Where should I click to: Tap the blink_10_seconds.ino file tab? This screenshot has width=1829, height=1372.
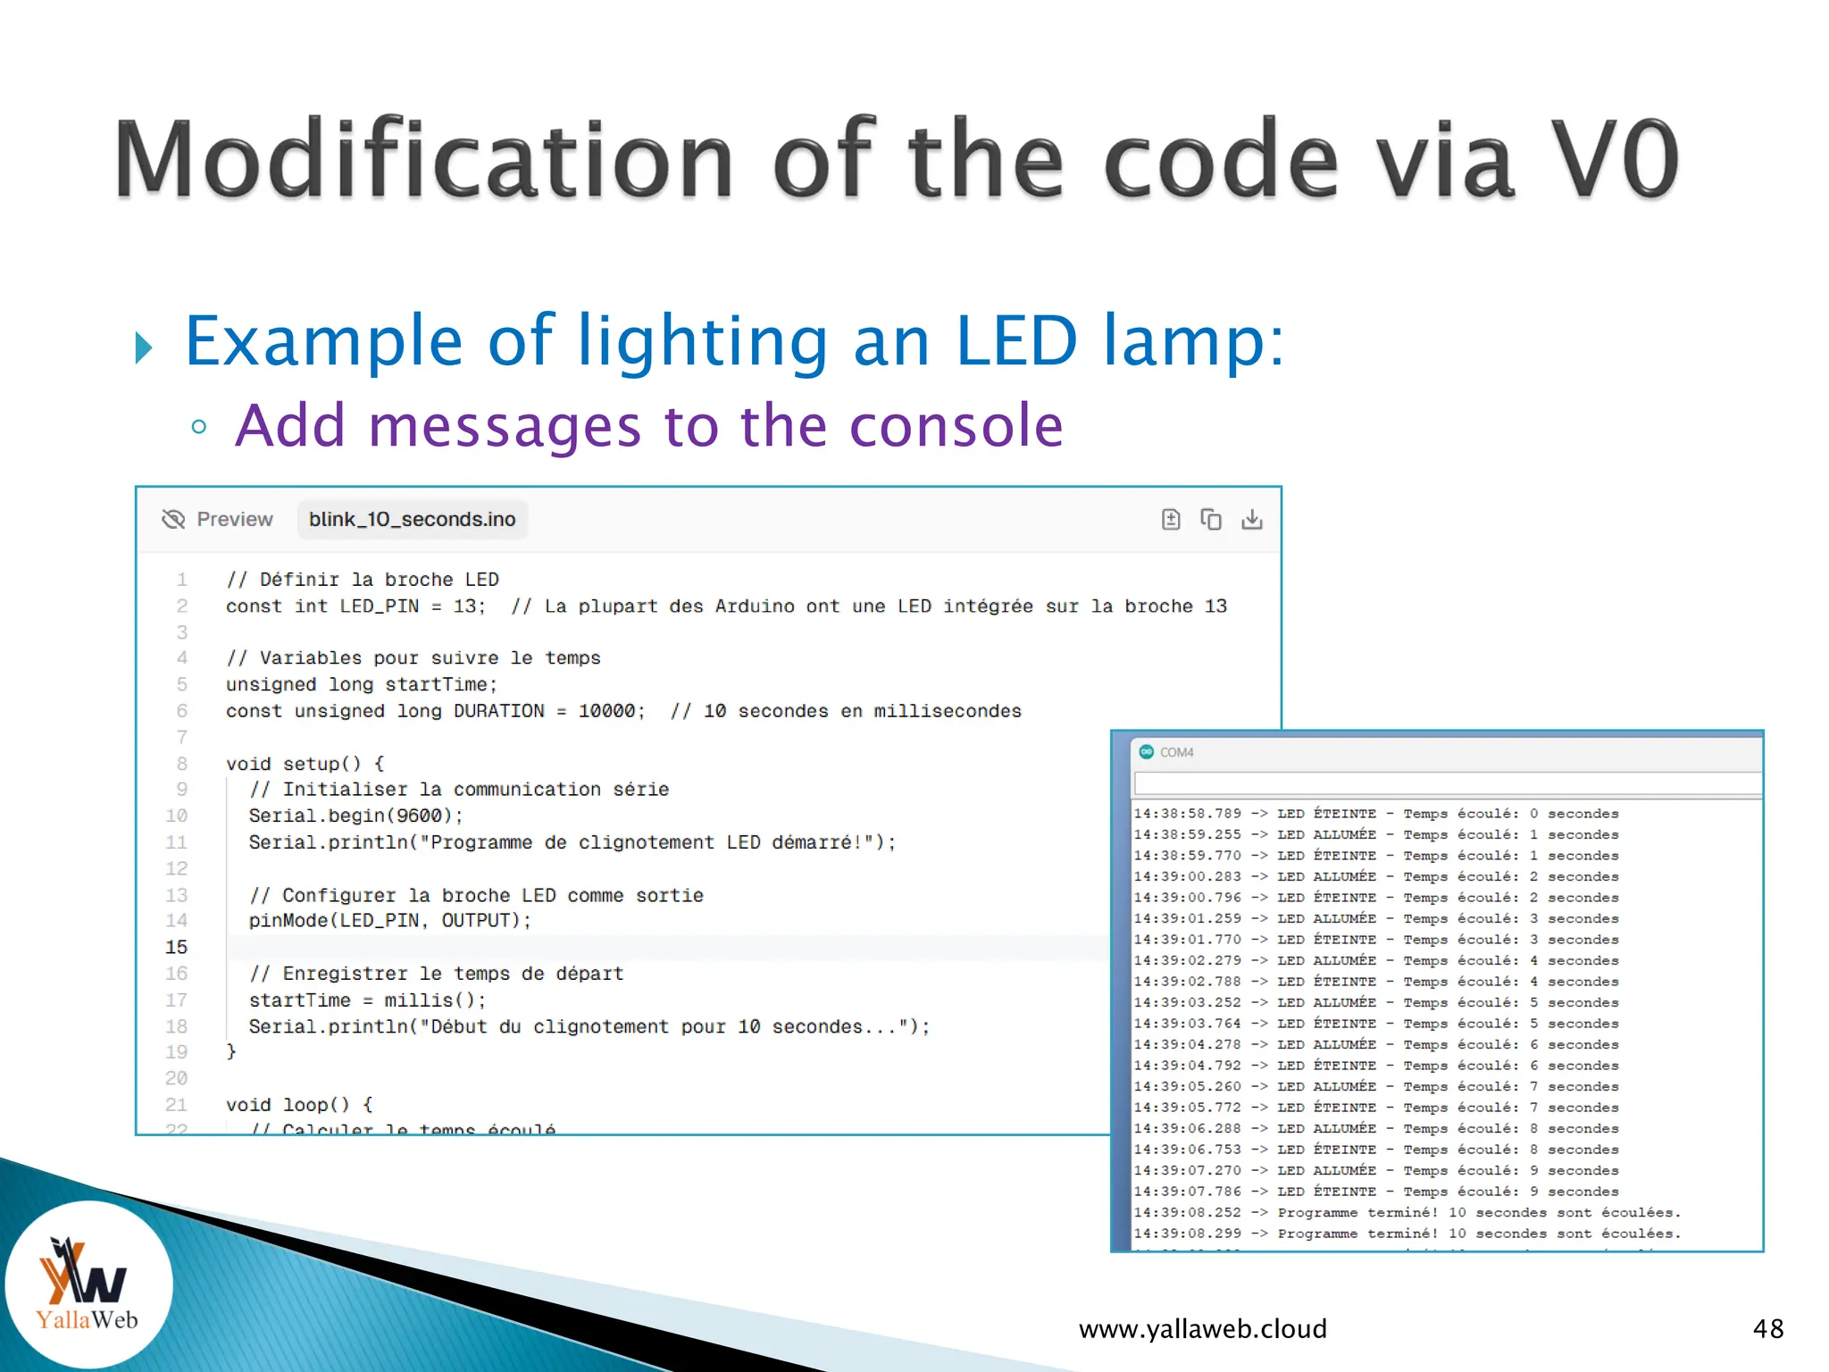pyautogui.click(x=412, y=519)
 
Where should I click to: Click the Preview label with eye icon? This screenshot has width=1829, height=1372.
pyautogui.click(x=218, y=519)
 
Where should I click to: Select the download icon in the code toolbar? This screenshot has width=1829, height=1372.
pyautogui.click(x=1251, y=519)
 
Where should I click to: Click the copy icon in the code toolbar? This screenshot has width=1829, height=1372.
pyautogui.click(x=1210, y=519)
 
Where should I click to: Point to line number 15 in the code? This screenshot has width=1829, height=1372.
pyautogui.click(x=176, y=947)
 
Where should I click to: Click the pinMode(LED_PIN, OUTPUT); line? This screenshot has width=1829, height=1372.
pyautogui.click(x=389, y=920)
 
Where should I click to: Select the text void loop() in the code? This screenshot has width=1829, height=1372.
pyautogui.click(x=288, y=1105)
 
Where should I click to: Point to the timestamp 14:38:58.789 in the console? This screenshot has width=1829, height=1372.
pyautogui.click(x=1187, y=814)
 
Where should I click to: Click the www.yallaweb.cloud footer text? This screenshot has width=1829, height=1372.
pyautogui.click(x=1202, y=1328)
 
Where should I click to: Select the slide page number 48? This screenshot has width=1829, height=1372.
pyautogui.click(x=1767, y=1328)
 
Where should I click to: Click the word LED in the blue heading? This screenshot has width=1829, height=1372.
pyautogui.click(x=1015, y=341)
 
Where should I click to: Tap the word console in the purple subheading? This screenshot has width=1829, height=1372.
pyautogui.click(x=956, y=425)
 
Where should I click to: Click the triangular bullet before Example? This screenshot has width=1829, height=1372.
pyautogui.click(x=143, y=347)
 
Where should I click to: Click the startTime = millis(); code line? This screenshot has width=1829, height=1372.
pyautogui.click(x=367, y=1000)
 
